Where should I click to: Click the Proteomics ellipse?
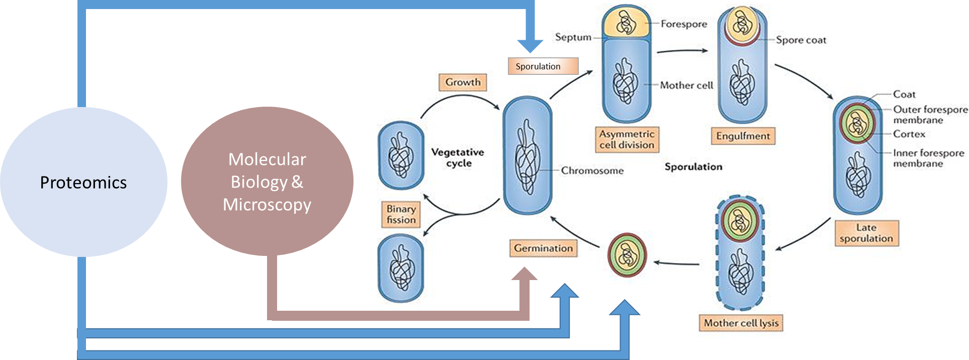83,182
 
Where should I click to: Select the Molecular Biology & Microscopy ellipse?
267,182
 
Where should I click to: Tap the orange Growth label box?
463,82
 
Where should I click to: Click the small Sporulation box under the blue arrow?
543,66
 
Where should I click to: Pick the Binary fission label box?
401,214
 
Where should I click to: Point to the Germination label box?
543,248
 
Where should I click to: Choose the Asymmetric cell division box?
627,139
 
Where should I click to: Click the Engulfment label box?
743,136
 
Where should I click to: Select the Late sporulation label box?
866,233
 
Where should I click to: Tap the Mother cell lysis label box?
741,323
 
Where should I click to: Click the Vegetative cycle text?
458,157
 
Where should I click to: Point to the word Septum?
573,37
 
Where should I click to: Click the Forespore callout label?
683,24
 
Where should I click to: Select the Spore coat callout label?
801,40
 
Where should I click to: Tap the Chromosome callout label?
592,170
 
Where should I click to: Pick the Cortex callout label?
909,134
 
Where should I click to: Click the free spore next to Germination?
627,255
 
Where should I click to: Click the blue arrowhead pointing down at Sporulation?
530,46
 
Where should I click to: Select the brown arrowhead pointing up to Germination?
524,275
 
